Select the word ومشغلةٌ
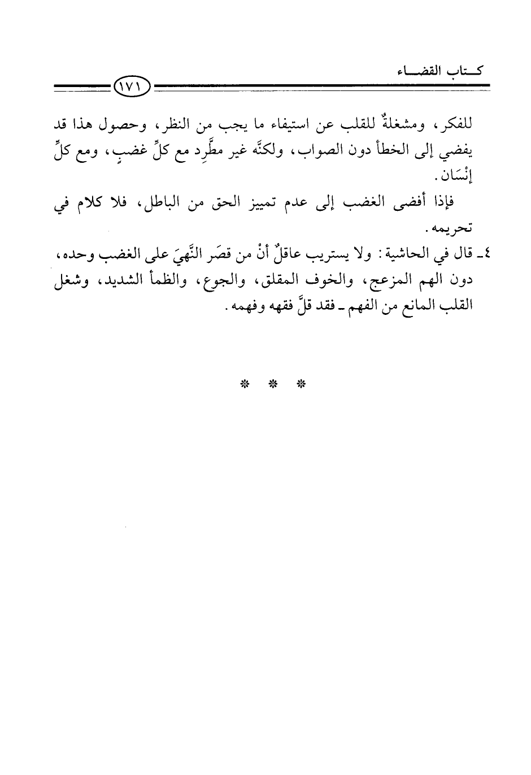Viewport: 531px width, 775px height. tap(403, 125)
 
